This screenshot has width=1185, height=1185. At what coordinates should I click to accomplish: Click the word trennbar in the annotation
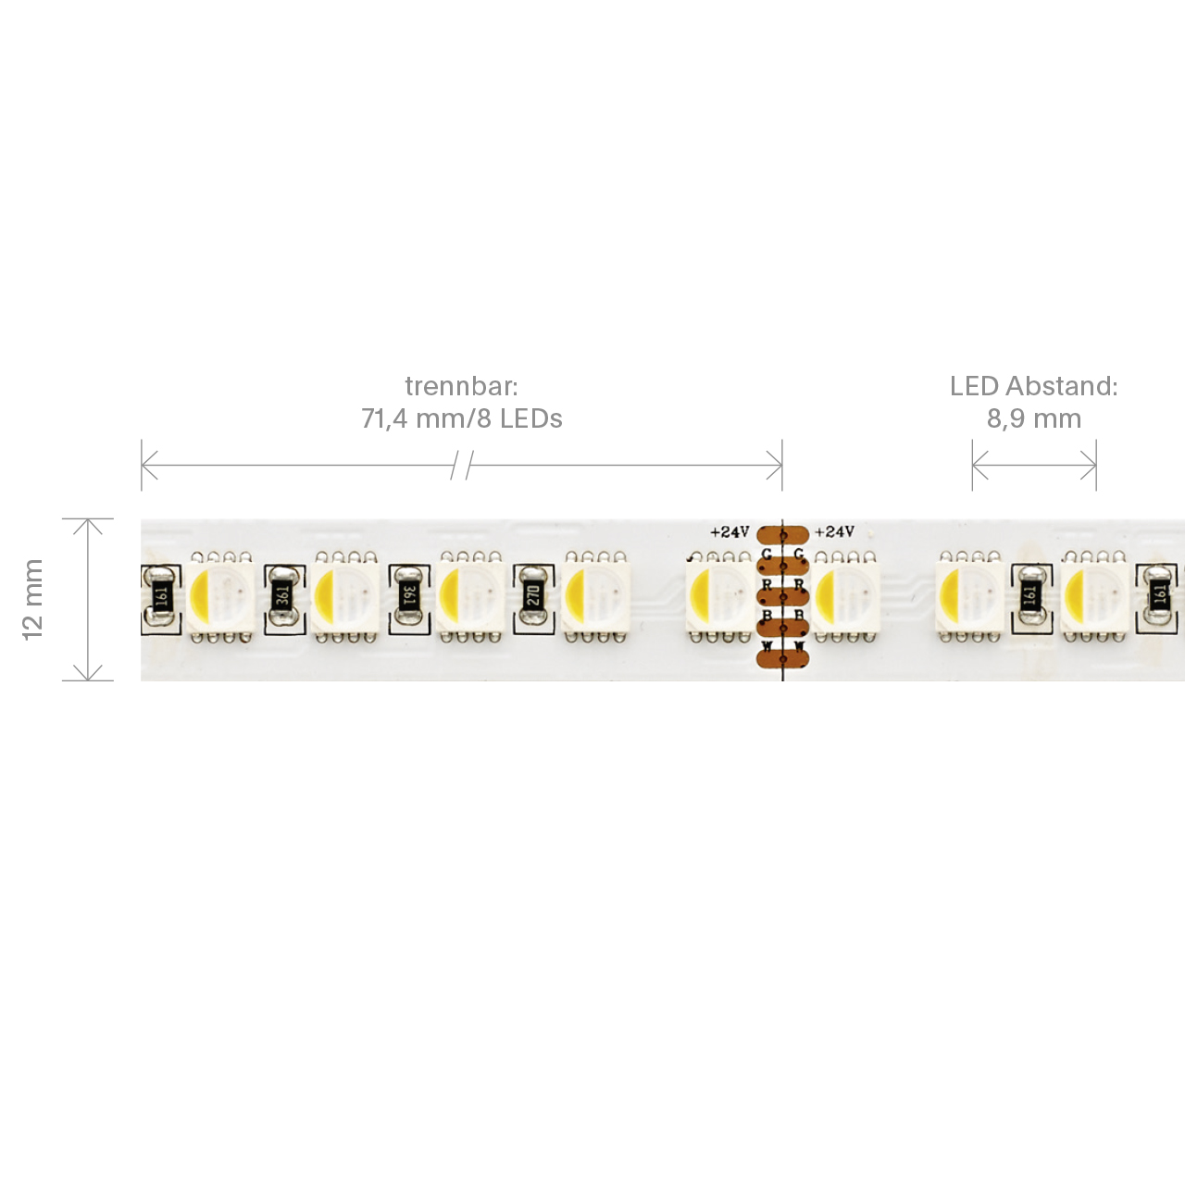pos(460,386)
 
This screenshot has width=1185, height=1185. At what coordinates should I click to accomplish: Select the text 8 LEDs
pos(519,418)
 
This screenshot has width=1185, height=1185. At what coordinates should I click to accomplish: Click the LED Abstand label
pos(1033,386)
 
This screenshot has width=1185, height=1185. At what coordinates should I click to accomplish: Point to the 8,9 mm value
pos(1033,418)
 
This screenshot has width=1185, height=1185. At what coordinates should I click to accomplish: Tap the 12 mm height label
pos(32,599)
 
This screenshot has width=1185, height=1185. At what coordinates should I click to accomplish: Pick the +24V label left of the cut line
pos(730,532)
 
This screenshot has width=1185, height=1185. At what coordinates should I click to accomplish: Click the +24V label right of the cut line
pos(834,532)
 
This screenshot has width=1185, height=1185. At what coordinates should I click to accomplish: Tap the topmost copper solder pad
pos(783,534)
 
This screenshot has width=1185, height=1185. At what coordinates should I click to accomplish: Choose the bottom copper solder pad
pos(783,658)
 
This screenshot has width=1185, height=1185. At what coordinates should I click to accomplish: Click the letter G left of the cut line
pos(767,555)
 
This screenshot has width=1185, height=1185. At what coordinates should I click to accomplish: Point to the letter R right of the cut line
pos(799,585)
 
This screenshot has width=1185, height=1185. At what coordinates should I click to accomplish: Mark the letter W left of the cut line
pos(767,646)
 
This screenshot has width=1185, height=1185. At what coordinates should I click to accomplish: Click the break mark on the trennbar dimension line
pos(462,466)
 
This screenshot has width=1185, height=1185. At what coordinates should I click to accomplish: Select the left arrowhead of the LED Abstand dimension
pos(979,466)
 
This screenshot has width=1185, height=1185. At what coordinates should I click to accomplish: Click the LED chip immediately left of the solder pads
pos(718,597)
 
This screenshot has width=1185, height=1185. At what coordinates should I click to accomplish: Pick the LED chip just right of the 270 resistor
pos(596,596)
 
